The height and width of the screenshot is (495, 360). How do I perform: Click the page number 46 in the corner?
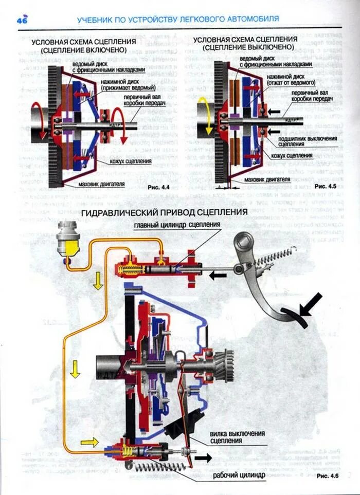click(22, 20)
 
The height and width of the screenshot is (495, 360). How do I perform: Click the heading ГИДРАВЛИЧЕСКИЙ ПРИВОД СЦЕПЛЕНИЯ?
click(165, 212)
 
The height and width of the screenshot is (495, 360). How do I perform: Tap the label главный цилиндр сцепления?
click(177, 225)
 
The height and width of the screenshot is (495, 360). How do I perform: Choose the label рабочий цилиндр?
click(240, 475)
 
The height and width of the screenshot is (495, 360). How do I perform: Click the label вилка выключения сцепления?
click(237, 437)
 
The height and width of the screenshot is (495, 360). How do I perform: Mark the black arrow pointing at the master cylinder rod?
click(218, 276)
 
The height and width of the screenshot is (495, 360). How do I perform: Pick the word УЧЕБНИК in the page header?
click(96, 19)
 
